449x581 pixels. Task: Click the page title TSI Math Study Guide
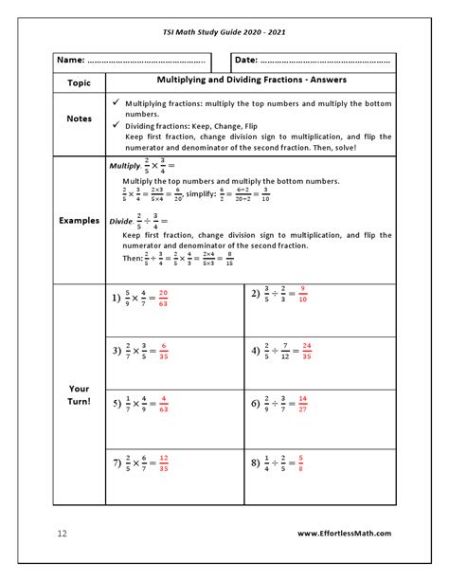pyautogui.click(x=224, y=32)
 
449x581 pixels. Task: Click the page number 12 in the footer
pyautogui.click(x=62, y=534)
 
